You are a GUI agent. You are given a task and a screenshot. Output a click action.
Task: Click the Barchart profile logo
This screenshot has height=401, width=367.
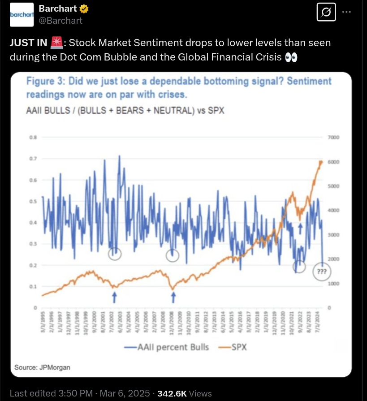[x=22, y=14]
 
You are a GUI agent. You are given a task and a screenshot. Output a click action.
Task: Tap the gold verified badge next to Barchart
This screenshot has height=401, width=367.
[x=84, y=9]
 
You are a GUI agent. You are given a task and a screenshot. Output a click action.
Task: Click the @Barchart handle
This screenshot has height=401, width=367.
[x=60, y=20]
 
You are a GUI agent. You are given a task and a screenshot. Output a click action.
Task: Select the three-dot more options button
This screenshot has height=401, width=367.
[x=346, y=12]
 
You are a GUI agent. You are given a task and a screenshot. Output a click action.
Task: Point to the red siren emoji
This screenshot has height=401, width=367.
[x=56, y=43]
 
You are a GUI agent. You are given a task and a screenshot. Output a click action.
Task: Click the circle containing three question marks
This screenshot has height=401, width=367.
[x=321, y=272]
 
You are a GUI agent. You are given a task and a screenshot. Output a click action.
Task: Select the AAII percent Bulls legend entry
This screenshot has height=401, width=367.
[x=167, y=347]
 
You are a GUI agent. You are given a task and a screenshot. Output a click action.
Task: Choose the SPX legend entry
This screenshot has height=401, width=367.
[x=235, y=347]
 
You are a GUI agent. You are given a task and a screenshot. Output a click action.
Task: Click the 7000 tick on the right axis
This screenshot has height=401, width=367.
[x=334, y=138]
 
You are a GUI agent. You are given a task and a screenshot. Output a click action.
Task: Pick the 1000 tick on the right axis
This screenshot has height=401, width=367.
[x=334, y=284]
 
